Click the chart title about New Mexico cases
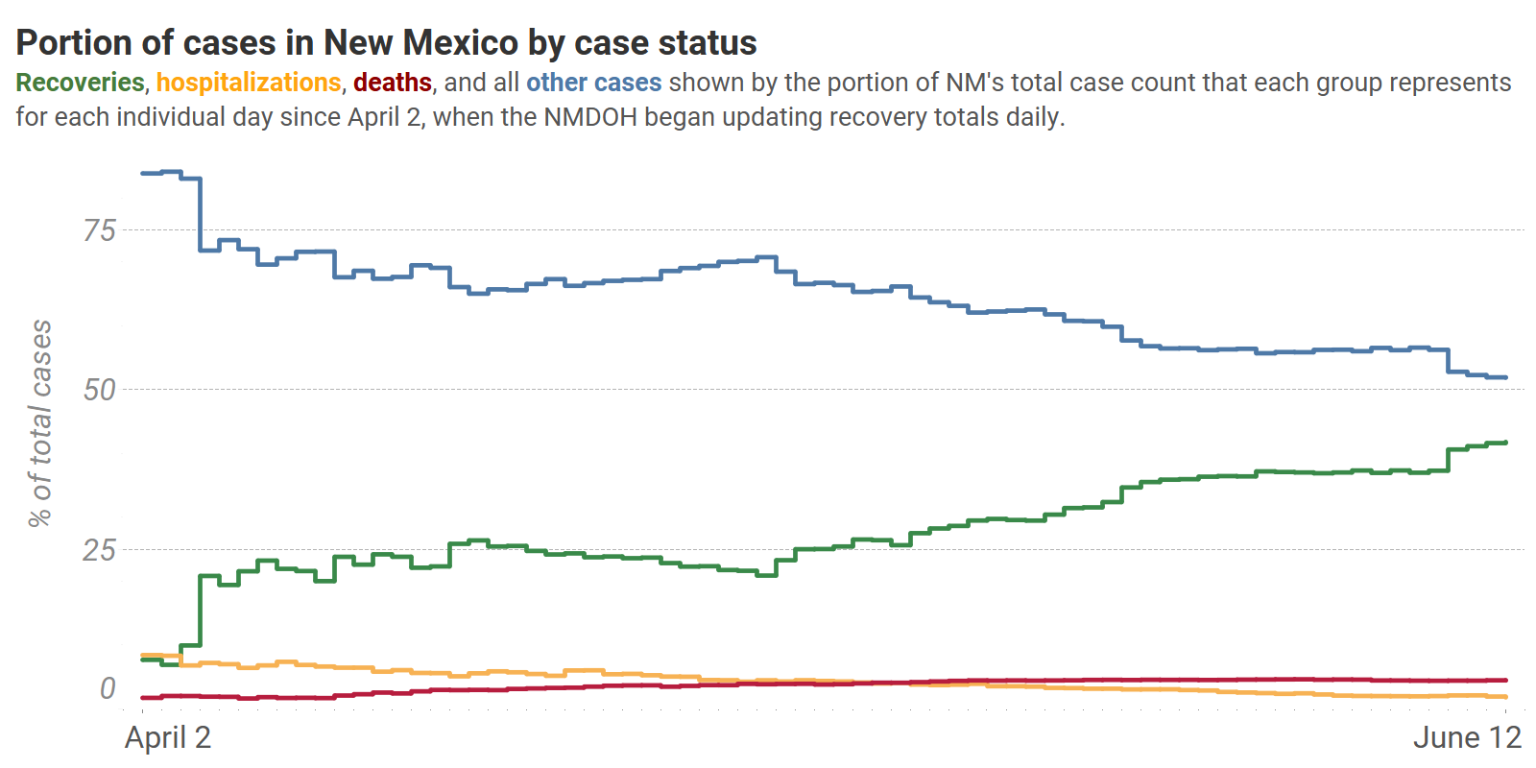coord(386,43)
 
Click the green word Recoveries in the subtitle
coord(80,83)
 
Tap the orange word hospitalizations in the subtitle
coord(249,83)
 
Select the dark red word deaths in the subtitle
coord(393,83)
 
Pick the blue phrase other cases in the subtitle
coord(593,83)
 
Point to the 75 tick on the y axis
coord(99,230)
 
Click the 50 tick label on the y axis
coord(99,390)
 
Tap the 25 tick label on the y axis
coord(99,550)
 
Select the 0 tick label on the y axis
coord(108,688)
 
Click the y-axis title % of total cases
coord(40,423)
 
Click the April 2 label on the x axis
coord(168,737)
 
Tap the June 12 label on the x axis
coord(1467,737)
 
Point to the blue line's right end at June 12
coord(1505,377)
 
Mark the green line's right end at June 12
coord(1505,443)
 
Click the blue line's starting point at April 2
coord(143,174)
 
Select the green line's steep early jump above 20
coord(200,610)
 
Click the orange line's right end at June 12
coord(1505,697)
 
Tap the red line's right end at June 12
coord(1505,680)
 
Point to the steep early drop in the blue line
coord(200,214)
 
